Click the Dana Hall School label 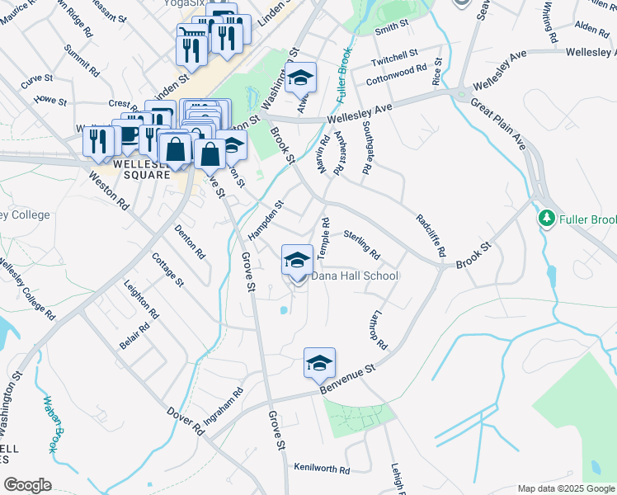tap(354, 276)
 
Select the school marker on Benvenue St tap(319, 363)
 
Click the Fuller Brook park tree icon tap(545, 219)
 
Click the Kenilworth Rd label tap(322, 468)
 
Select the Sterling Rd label tap(361, 243)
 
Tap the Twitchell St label tap(394, 56)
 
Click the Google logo tap(27, 484)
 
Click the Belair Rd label tap(134, 336)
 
